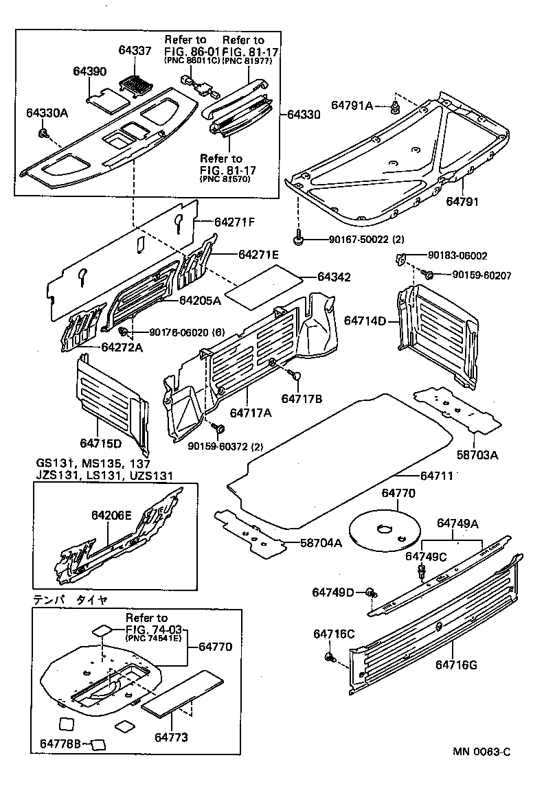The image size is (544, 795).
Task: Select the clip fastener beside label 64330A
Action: click(43, 132)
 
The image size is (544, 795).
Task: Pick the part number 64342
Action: click(334, 277)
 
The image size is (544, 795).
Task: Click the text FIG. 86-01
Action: click(187, 51)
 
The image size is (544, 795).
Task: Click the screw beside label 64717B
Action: click(295, 375)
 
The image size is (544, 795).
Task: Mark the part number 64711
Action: click(434, 476)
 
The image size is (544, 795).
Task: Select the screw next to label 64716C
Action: click(328, 658)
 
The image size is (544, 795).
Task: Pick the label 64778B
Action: click(60, 744)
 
